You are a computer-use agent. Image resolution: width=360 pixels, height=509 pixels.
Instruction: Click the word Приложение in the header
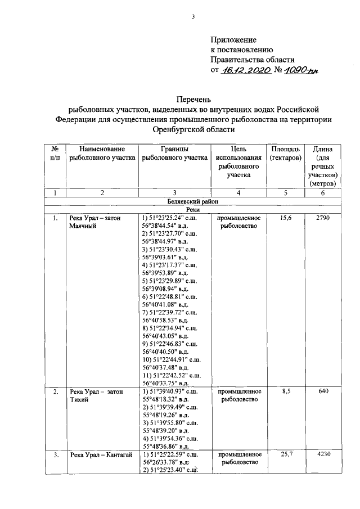pos(233,40)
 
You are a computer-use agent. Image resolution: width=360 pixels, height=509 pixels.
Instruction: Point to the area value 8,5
pos(285,391)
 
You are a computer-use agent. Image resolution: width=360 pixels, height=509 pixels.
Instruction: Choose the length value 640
pos(323,391)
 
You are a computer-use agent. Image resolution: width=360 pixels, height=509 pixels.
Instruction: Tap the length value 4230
pos(323,454)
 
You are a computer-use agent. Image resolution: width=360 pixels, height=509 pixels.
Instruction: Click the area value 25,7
pos(285,454)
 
